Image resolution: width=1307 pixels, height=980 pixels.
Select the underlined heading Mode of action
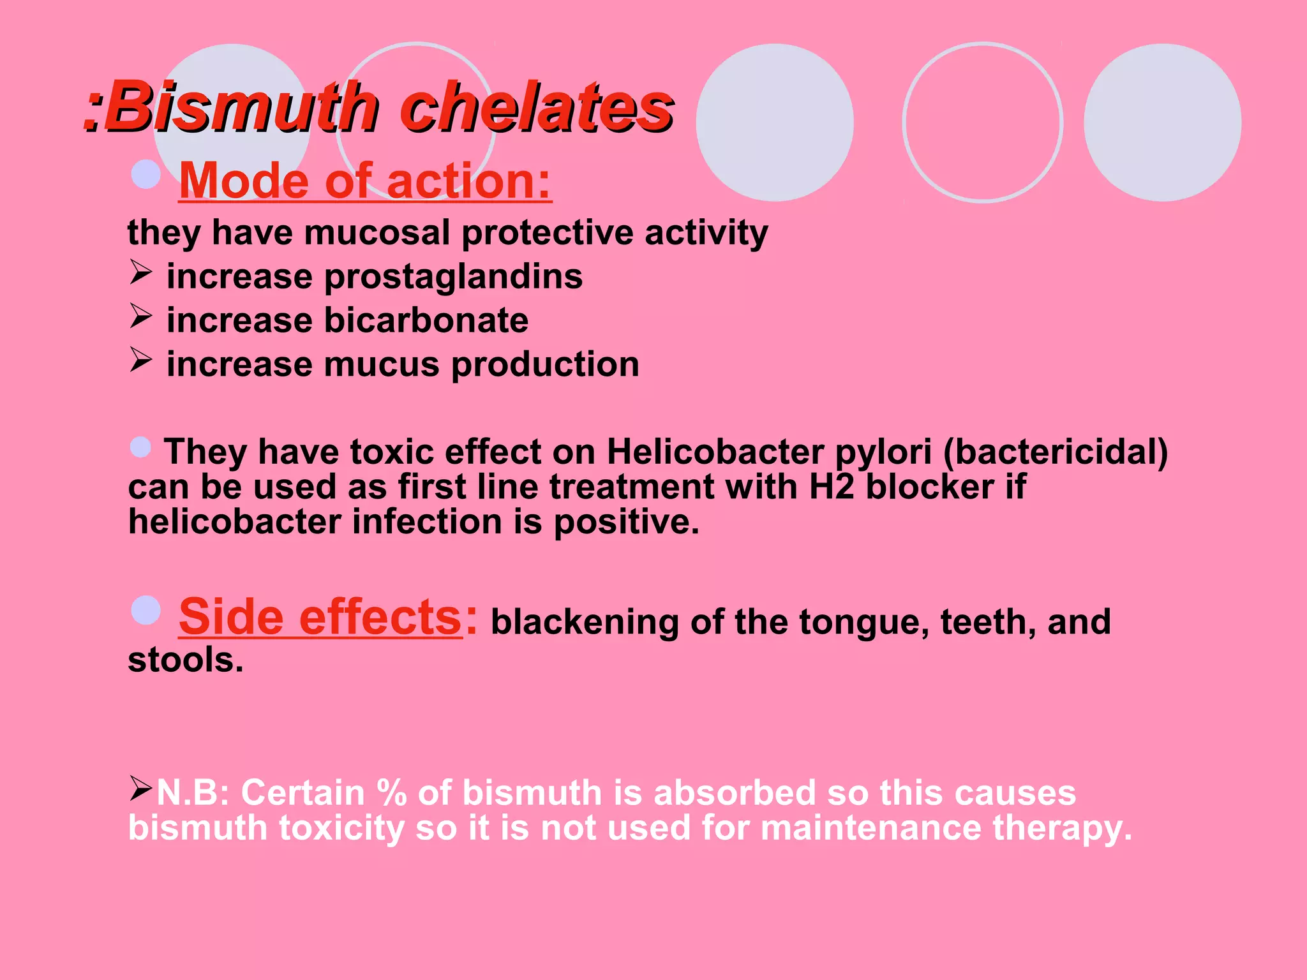coord(364,181)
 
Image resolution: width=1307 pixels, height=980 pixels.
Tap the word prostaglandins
coord(453,277)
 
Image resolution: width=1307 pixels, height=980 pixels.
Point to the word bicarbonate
coord(426,320)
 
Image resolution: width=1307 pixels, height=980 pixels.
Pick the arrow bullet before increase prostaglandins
coord(140,272)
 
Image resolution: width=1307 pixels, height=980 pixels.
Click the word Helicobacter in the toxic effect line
coord(715,452)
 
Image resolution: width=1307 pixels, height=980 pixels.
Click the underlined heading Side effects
coord(320,618)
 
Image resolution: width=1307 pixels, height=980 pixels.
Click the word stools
coord(186,660)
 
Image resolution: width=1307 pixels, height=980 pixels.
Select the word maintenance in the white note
coord(871,828)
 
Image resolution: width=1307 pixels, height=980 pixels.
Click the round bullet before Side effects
coord(146,611)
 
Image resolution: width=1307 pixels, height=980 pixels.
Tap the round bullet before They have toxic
coord(140,447)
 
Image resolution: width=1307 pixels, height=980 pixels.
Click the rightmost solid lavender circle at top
coord(1162,122)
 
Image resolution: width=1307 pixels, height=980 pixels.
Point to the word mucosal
coord(377,233)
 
